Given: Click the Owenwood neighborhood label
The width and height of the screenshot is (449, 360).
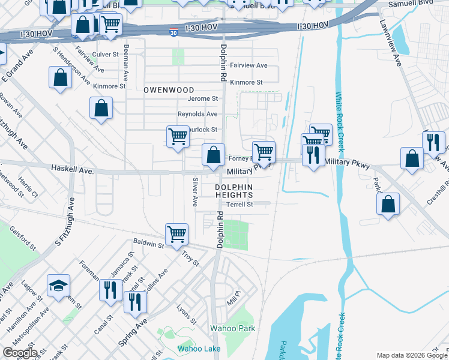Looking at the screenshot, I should tap(169, 90).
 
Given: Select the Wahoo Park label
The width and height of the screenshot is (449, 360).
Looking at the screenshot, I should tap(232, 328).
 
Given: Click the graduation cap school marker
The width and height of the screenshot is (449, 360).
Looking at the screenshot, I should tap(59, 285).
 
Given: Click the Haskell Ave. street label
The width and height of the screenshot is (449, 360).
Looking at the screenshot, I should tap(73, 170).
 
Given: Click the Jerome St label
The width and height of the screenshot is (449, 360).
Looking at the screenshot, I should tap(202, 98).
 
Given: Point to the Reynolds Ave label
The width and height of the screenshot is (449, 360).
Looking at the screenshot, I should tap(197, 114).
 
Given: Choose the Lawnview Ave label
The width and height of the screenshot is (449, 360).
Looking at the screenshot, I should tap(390, 43).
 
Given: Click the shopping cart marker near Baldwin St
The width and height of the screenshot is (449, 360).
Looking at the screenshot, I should tap(176, 233).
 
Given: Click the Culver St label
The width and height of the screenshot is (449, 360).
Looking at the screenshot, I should tap(106, 54).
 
